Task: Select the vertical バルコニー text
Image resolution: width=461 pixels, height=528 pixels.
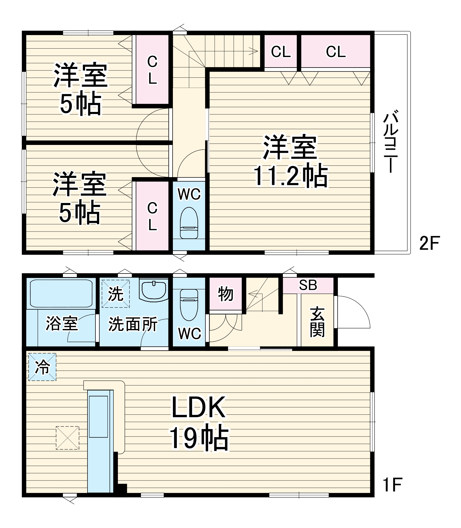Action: [x=391, y=143]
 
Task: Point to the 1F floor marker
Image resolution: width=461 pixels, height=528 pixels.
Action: [x=393, y=485]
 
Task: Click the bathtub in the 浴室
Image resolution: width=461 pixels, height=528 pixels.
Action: [x=61, y=293]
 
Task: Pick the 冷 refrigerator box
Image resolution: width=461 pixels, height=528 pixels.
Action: [x=42, y=367]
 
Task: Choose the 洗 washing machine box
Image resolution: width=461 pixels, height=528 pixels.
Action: [x=116, y=294]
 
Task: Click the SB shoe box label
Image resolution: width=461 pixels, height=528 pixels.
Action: [x=308, y=285]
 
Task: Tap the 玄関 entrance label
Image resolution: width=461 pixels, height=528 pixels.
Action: [x=317, y=322]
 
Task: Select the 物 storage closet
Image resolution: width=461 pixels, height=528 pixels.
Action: [x=225, y=294]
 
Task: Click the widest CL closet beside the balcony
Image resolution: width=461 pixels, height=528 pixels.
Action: [x=335, y=51]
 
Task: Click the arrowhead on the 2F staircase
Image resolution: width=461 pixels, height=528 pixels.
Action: [x=255, y=51]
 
